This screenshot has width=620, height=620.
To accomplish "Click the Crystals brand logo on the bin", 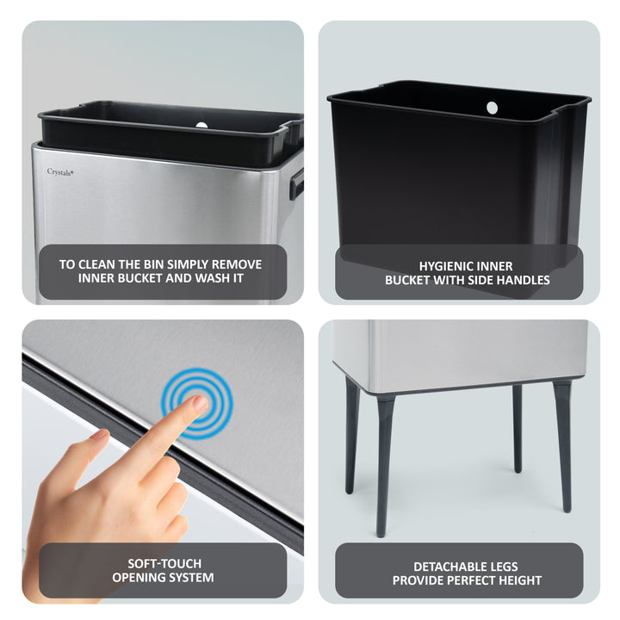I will coord(59,171).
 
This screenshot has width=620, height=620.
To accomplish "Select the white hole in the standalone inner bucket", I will coord(492,108).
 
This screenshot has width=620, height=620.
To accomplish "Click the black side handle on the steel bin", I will coord(296,183).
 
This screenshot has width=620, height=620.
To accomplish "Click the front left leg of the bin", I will coord(383,465).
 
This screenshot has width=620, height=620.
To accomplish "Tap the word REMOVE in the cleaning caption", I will coord(238,264).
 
